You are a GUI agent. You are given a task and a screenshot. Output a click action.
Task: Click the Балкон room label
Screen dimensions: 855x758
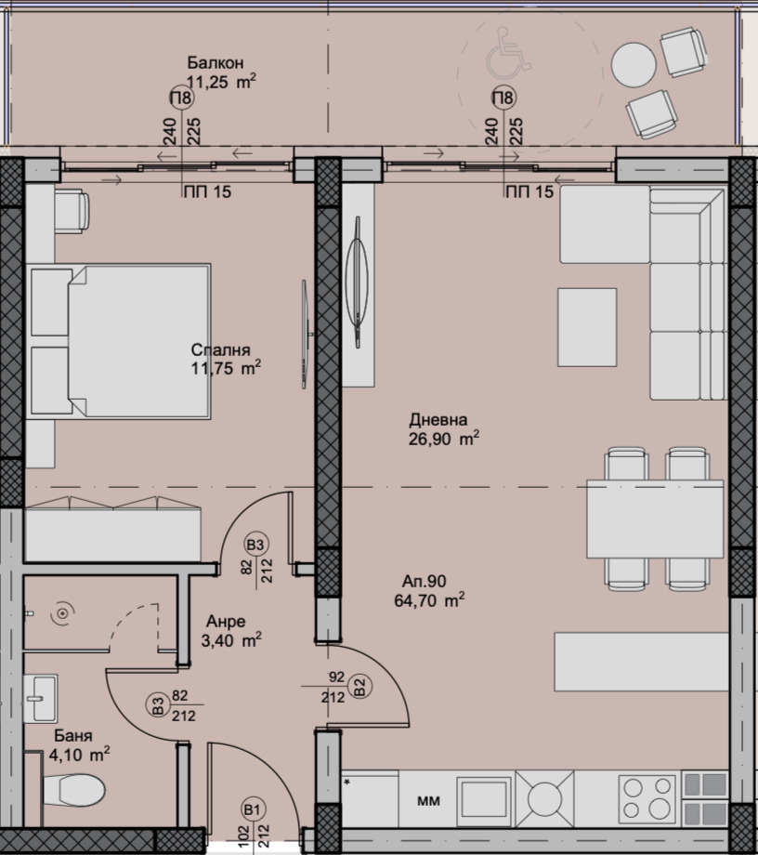tap(215, 63)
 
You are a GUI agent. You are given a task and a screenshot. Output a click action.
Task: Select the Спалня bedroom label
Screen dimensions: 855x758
tap(221, 350)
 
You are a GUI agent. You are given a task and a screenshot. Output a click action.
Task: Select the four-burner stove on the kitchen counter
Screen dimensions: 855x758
tap(647, 796)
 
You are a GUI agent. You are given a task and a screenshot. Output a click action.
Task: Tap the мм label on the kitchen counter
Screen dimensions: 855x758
tap(428, 799)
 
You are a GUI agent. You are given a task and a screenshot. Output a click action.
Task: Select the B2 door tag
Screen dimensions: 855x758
tap(359, 689)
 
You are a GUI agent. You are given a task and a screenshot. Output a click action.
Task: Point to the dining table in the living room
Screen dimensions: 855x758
tap(654, 517)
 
